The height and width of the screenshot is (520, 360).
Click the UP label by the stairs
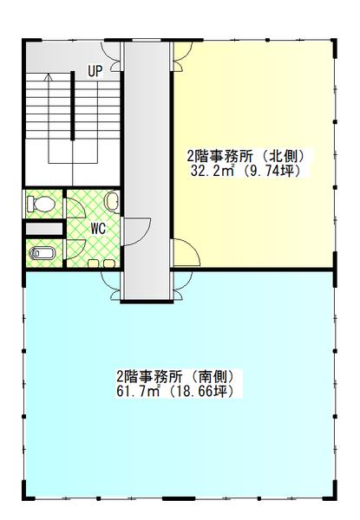coord(94,70)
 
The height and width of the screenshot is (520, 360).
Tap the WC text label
coord(98,229)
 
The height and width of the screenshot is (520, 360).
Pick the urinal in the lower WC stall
coord(42,254)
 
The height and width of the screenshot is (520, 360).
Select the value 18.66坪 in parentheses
coord(205,392)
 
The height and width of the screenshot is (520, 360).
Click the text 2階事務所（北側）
coord(246,157)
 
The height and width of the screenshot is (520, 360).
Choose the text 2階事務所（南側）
coord(173,378)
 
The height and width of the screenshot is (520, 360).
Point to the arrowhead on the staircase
coord(49,78)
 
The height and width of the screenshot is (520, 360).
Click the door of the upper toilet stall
coord(73,206)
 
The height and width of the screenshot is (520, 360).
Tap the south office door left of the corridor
coord(111,283)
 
